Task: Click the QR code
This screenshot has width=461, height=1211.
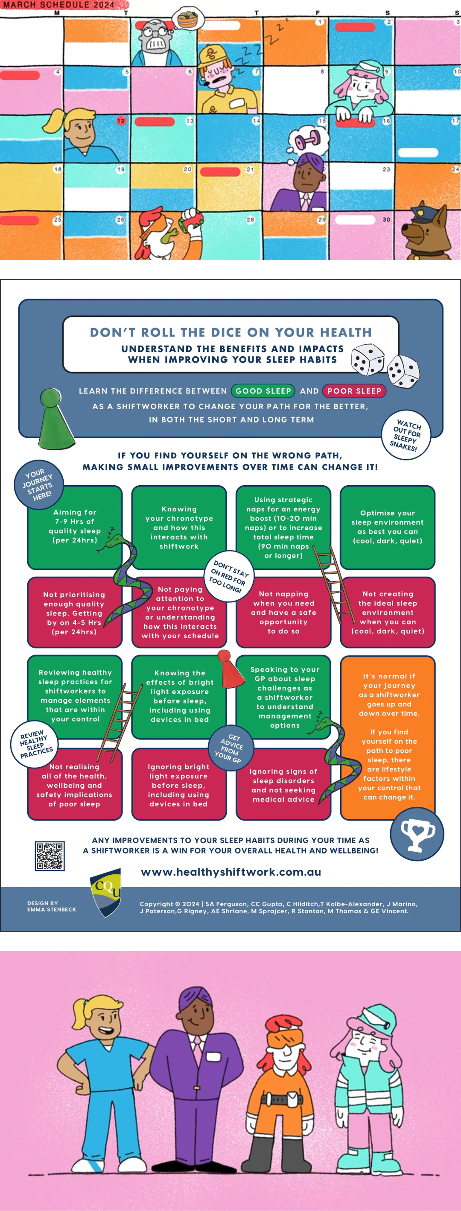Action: click(50, 856)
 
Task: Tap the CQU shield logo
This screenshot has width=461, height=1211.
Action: click(106, 892)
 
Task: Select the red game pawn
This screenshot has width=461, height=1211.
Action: click(230, 669)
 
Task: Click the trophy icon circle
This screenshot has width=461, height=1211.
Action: click(417, 834)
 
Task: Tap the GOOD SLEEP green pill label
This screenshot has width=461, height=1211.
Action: click(263, 391)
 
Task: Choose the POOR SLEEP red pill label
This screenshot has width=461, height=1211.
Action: click(354, 391)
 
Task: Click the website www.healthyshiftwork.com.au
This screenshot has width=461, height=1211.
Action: click(231, 872)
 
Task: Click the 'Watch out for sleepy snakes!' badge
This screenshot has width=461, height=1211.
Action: click(406, 435)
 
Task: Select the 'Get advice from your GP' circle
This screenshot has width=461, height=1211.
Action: click(231, 748)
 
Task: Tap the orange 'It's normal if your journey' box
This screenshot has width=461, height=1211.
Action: click(388, 738)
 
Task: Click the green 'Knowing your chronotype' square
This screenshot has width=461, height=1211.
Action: click(179, 528)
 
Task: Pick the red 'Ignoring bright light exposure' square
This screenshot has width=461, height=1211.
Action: click(179, 785)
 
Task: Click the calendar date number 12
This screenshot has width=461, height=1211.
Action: click(121, 121)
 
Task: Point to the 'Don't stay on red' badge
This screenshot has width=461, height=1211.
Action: click(229, 576)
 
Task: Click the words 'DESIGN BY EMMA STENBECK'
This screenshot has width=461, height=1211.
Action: click(52, 906)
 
